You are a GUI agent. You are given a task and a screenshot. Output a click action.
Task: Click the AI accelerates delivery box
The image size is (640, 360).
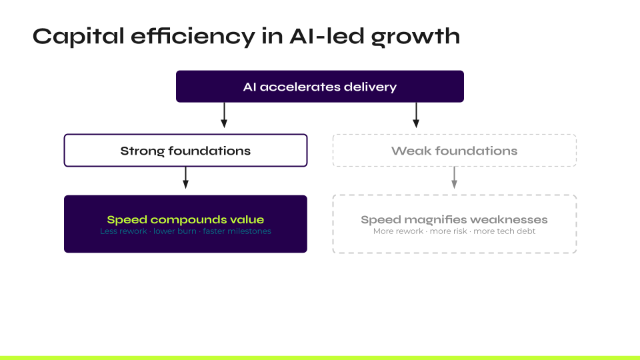(319, 87)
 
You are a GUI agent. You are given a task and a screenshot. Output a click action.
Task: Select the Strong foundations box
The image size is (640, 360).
(185, 151)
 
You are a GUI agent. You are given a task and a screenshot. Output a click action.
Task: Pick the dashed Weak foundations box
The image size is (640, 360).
(454, 151)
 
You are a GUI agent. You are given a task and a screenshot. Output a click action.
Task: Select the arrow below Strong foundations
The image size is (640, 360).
(185, 177)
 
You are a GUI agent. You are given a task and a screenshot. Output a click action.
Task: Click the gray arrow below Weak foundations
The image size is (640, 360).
(454, 177)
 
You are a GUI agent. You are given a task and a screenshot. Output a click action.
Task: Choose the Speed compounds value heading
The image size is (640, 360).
(185, 219)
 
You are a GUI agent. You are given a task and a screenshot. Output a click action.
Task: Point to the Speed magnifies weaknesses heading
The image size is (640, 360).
(454, 219)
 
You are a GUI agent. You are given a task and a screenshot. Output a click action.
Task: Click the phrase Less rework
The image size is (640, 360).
(123, 231)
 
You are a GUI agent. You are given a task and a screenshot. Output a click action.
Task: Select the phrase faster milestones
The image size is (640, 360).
(237, 231)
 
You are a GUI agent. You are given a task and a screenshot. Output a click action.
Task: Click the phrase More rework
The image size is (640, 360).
(398, 231)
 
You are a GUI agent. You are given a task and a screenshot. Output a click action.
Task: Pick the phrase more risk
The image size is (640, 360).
(449, 231)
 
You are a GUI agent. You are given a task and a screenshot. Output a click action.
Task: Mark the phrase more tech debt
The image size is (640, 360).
(505, 231)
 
